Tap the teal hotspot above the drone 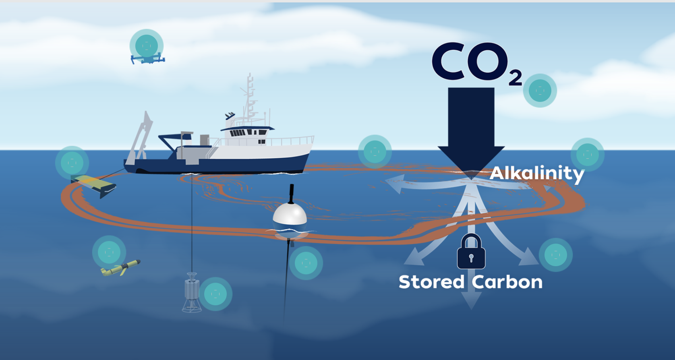point(147,46)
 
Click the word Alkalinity point(537,173)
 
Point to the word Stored point(431,282)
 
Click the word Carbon point(507,282)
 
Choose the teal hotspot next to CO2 point(540,91)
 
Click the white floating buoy point(290,217)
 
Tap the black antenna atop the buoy point(292,193)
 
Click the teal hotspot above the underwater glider point(109,252)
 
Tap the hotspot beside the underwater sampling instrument point(215,294)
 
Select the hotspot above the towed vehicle point(72,163)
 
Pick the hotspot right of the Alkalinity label point(587,155)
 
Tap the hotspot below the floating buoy point(306,263)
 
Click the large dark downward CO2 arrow point(471,129)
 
